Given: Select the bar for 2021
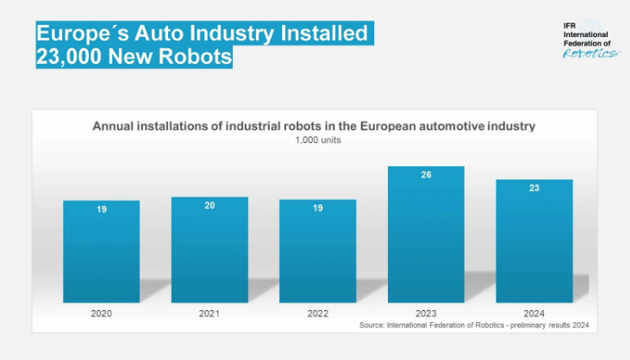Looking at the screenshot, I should [x=209, y=250].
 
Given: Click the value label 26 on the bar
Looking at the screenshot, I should [x=426, y=175].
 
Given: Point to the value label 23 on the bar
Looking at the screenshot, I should [x=534, y=188].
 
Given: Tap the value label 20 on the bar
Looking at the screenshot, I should [x=209, y=206].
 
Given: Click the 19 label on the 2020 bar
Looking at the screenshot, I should [x=101, y=209].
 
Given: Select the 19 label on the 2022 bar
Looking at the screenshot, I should [x=317, y=208].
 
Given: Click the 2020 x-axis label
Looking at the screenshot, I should [x=101, y=313].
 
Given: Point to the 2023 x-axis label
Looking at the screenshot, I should [x=426, y=313].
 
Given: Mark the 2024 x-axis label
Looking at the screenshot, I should [x=534, y=313].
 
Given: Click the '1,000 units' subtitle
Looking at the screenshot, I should [x=314, y=140].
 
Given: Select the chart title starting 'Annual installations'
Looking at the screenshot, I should [x=314, y=126].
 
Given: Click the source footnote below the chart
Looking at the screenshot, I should [x=478, y=326].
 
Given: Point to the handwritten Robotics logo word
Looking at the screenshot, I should [x=590, y=53].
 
